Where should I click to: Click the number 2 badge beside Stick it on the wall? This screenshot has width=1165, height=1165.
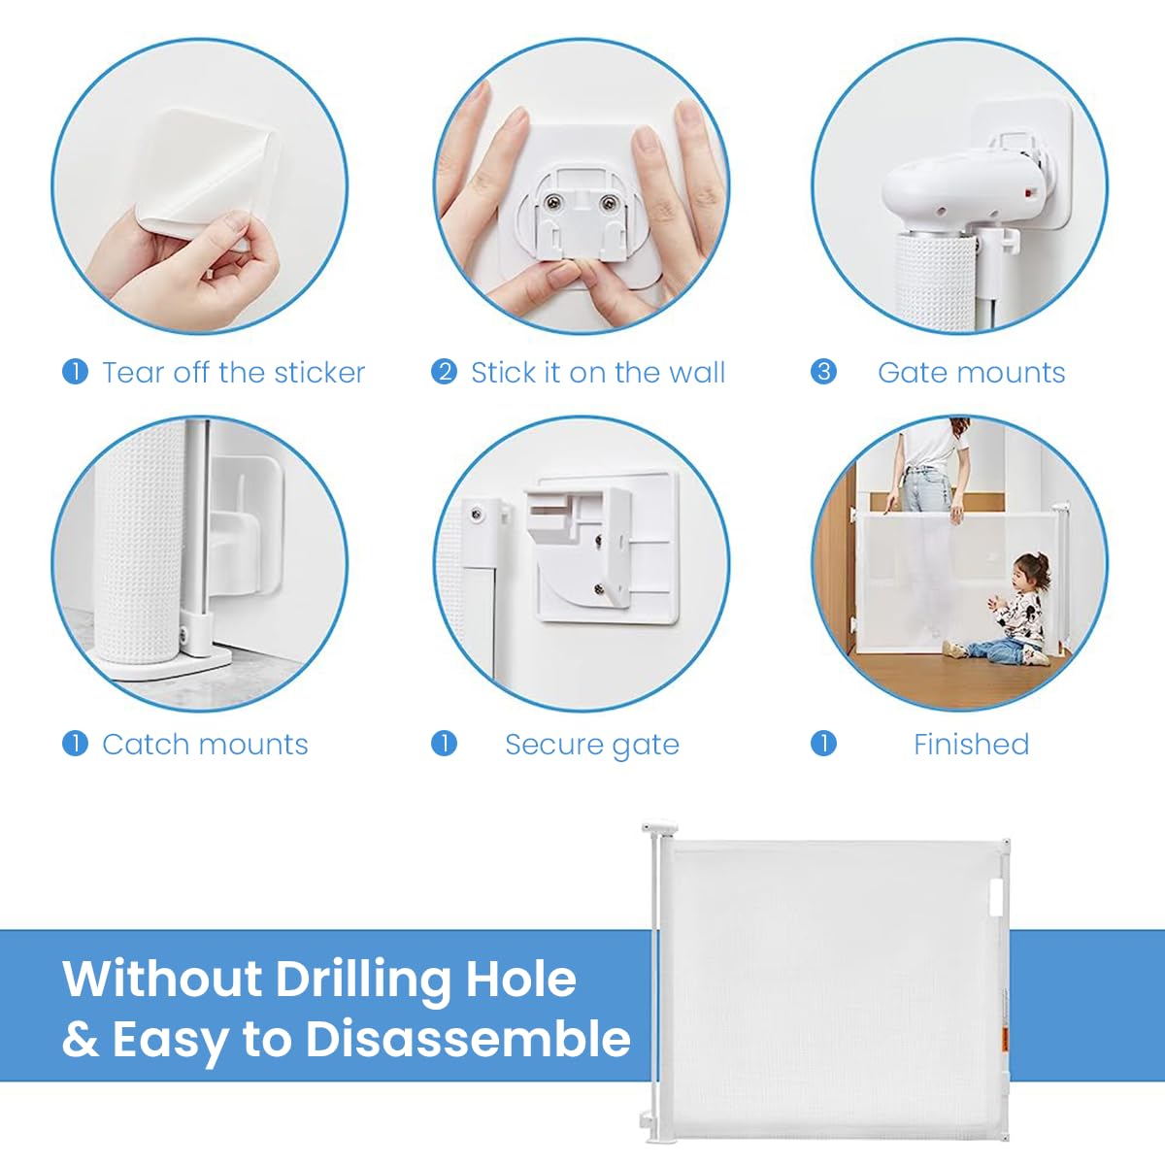point(444,372)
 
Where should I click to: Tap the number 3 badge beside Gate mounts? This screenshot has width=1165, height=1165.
point(823,372)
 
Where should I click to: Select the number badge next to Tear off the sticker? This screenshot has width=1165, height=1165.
point(75,372)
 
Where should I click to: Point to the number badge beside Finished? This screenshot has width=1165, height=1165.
point(823,744)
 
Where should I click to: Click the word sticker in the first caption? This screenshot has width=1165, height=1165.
point(319,372)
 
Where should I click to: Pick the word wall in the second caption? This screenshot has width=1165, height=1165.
point(696,372)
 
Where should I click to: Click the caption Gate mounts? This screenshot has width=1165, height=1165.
point(971,372)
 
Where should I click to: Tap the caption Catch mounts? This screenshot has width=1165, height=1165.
point(205,744)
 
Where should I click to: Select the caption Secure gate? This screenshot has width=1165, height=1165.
point(591,745)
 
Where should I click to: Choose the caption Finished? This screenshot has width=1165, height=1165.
point(971,744)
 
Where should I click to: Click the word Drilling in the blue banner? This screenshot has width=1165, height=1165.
point(363,978)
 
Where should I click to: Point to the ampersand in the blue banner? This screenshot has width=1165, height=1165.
point(81,1040)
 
